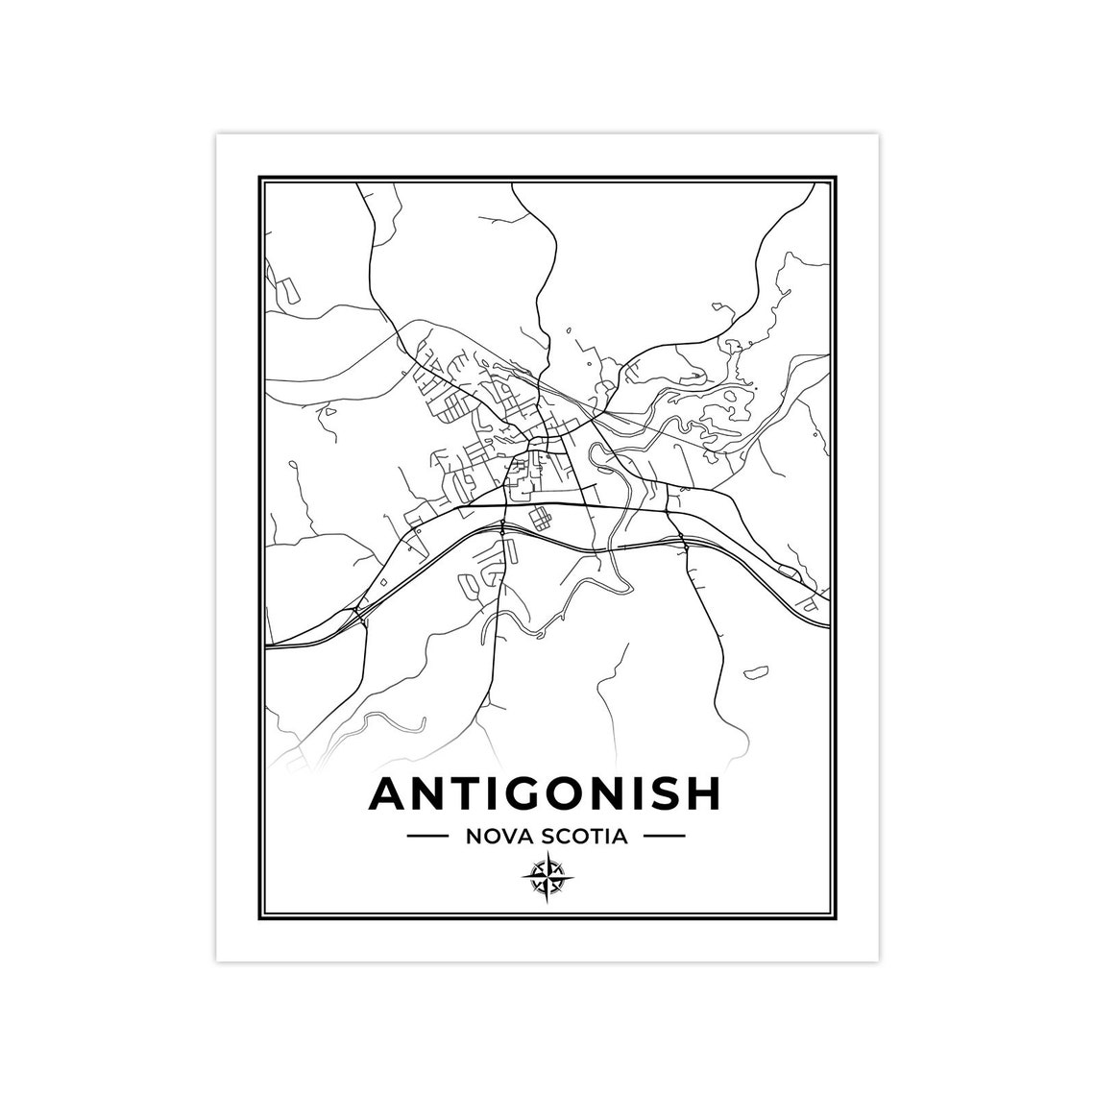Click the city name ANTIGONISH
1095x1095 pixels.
[545, 793]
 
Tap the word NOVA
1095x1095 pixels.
[495, 837]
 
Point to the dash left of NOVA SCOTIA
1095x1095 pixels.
[427, 837]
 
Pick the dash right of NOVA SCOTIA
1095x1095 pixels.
[664, 837]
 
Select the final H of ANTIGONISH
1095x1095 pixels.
[701, 793]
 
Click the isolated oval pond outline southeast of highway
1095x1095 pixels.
[758, 669]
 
